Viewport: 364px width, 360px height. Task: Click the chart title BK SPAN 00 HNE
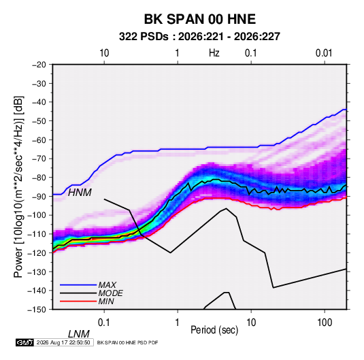pyautogui.click(x=200, y=19)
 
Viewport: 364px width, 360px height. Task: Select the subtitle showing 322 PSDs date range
pyautogui.click(x=199, y=37)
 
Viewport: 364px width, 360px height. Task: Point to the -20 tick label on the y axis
pyautogui.click(x=39, y=65)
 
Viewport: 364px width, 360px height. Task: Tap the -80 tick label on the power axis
pyautogui.click(x=39, y=178)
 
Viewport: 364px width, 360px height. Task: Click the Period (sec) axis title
pyautogui.click(x=214, y=330)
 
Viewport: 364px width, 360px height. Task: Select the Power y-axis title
pyautogui.click(x=19, y=187)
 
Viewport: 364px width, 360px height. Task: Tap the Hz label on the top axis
pyautogui.click(x=214, y=53)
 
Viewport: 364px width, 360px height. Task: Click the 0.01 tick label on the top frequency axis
pyautogui.click(x=324, y=53)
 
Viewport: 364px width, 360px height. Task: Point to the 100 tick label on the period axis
pyautogui.click(x=325, y=323)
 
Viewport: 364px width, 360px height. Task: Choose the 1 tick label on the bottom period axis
pyautogui.click(x=178, y=323)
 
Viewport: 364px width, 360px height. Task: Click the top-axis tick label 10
pyautogui.click(x=104, y=53)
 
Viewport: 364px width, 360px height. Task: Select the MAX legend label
pyautogui.click(x=107, y=285)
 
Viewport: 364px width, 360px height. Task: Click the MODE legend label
pyautogui.click(x=110, y=293)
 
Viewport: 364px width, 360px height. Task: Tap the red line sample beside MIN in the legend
pyautogui.click(x=78, y=301)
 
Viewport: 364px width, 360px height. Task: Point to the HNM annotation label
pyautogui.click(x=80, y=193)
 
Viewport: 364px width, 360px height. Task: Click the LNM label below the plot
pyautogui.click(x=79, y=334)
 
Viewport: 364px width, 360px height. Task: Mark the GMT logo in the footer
pyautogui.click(x=25, y=342)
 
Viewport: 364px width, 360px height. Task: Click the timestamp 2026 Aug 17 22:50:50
pyautogui.click(x=63, y=342)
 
